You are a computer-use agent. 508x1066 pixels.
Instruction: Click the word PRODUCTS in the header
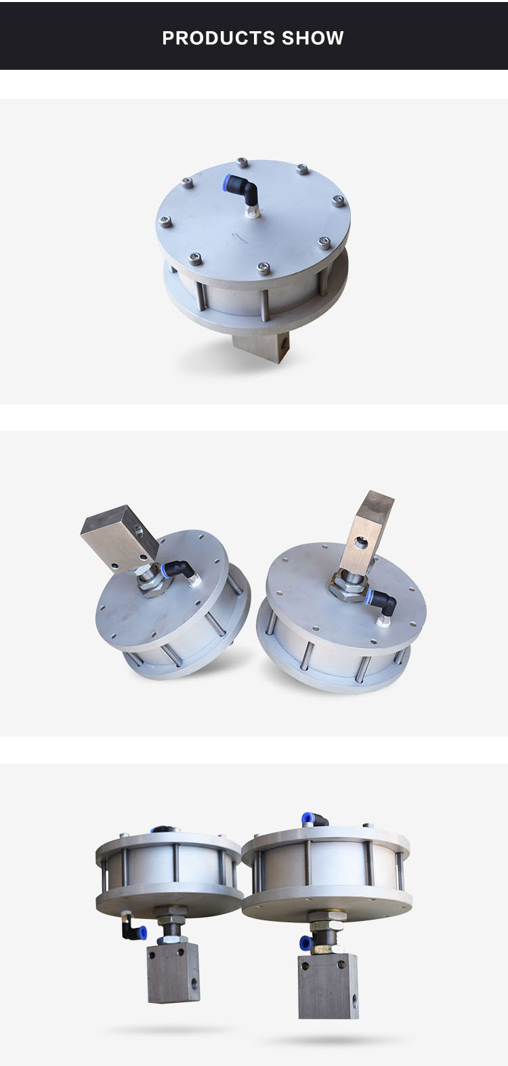coord(218,38)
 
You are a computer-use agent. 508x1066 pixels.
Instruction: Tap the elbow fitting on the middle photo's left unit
coord(179,573)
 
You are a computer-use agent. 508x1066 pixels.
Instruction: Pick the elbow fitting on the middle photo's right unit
coord(380,600)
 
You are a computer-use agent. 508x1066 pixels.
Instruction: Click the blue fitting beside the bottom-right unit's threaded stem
coord(306,942)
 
